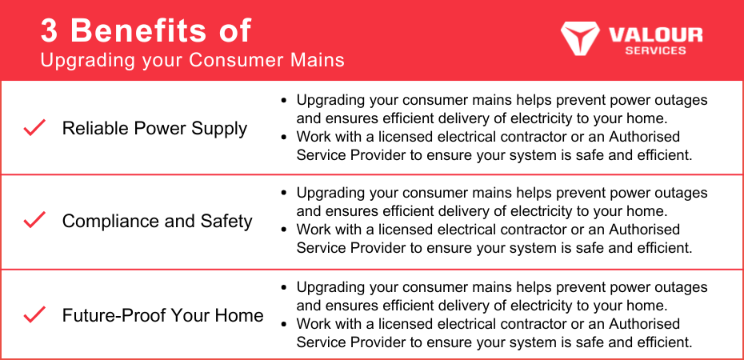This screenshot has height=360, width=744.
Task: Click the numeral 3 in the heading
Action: (x=50, y=31)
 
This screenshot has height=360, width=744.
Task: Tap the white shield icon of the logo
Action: (x=580, y=38)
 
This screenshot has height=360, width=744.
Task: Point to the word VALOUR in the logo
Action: (x=655, y=34)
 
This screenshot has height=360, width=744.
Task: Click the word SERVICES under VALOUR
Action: (x=655, y=50)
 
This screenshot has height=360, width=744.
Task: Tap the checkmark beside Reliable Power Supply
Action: (x=34, y=127)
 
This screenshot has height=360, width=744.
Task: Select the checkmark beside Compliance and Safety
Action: (x=34, y=220)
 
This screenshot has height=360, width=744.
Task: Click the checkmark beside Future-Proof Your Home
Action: (x=34, y=314)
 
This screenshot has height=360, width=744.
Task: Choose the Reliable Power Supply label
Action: (x=154, y=129)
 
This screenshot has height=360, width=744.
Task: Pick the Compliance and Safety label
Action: (x=157, y=221)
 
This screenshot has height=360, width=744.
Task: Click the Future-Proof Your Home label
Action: (x=162, y=315)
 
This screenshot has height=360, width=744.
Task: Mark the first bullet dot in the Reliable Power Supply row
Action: (x=284, y=101)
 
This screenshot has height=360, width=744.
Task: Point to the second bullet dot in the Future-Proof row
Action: (x=284, y=325)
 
